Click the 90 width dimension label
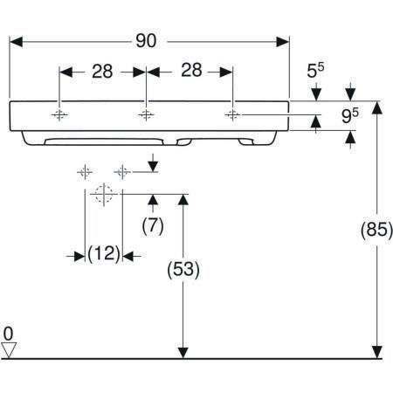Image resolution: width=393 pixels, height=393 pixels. click(146, 41)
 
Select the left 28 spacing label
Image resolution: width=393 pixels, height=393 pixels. click(102, 72)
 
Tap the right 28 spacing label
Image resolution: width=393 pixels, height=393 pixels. click(191, 70)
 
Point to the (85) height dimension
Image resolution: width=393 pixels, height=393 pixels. click(376, 230)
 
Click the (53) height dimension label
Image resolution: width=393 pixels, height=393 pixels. click(183, 270)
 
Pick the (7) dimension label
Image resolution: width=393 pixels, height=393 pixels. click(153, 225)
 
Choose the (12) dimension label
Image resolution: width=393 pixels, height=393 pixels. click(104, 254)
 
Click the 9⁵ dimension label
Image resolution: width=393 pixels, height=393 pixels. click(350, 115)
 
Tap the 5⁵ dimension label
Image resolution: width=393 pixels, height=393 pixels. click(315, 70)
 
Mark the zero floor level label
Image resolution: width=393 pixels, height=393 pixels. click(9, 334)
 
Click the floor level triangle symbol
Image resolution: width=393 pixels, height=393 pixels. click(9, 350)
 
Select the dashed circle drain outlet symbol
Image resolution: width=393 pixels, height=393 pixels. click(104, 194)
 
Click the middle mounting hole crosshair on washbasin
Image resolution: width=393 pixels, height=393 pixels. click(146, 115)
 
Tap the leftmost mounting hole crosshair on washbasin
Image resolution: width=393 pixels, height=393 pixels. click(59, 115)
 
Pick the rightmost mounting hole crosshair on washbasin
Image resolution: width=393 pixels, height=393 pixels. click(232, 115)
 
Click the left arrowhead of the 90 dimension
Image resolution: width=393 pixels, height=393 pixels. click(16, 42)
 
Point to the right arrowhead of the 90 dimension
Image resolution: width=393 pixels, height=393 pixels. click(283, 42)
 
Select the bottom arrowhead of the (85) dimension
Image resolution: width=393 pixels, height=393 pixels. click(377, 352)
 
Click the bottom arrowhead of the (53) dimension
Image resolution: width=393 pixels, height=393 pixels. click(183, 352)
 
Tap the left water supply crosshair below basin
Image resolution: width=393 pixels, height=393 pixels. click(85, 172)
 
